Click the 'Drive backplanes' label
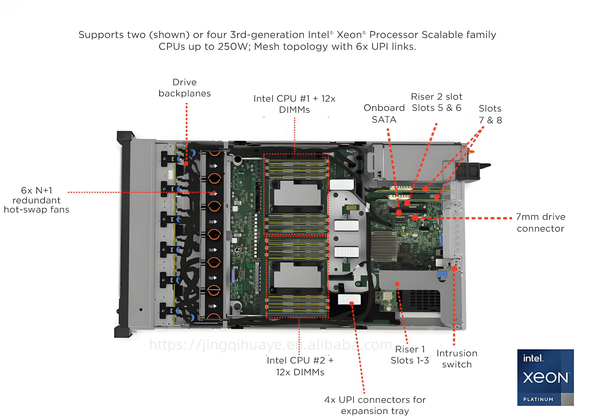click(x=184, y=88)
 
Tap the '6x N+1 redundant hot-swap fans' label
click(x=36, y=200)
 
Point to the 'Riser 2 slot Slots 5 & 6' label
click(x=436, y=102)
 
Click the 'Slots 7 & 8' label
click(x=490, y=114)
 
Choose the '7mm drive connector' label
click(x=540, y=223)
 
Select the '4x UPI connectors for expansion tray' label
click(x=375, y=405)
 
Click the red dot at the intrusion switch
click(x=454, y=268)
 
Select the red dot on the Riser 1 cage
click(x=397, y=284)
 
